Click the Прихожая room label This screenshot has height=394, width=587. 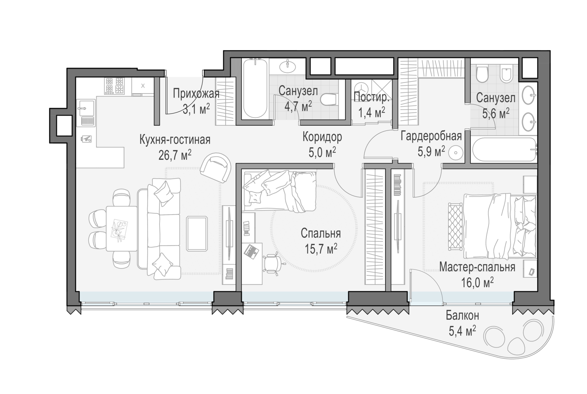pos(196,94)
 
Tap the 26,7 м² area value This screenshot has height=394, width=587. pos(175,155)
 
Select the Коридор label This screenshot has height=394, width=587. pos(322,137)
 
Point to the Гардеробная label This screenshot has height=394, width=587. pos(431,136)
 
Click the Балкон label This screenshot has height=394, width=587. pos(463,316)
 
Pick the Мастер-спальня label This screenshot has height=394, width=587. pos(477,267)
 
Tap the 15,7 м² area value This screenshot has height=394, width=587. pos(321,248)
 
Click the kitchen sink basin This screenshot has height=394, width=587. pos(85,108)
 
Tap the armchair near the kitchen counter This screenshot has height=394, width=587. pos(215,168)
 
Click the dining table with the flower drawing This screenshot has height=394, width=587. pos(122,228)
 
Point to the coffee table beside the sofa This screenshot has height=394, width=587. pos(197,233)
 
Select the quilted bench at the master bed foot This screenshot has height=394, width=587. pos(455,226)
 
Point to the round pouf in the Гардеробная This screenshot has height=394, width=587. pos(456,153)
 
